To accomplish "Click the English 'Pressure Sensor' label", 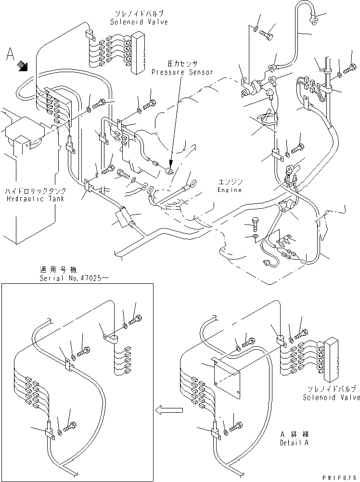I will tap(182, 72).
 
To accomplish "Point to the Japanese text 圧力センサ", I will tap(182, 63).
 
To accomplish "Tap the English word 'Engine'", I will tap(229, 190).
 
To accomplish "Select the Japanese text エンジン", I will tap(229, 182).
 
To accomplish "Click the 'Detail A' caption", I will tap(294, 442).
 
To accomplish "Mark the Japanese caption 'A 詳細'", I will tap(295, 434).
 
